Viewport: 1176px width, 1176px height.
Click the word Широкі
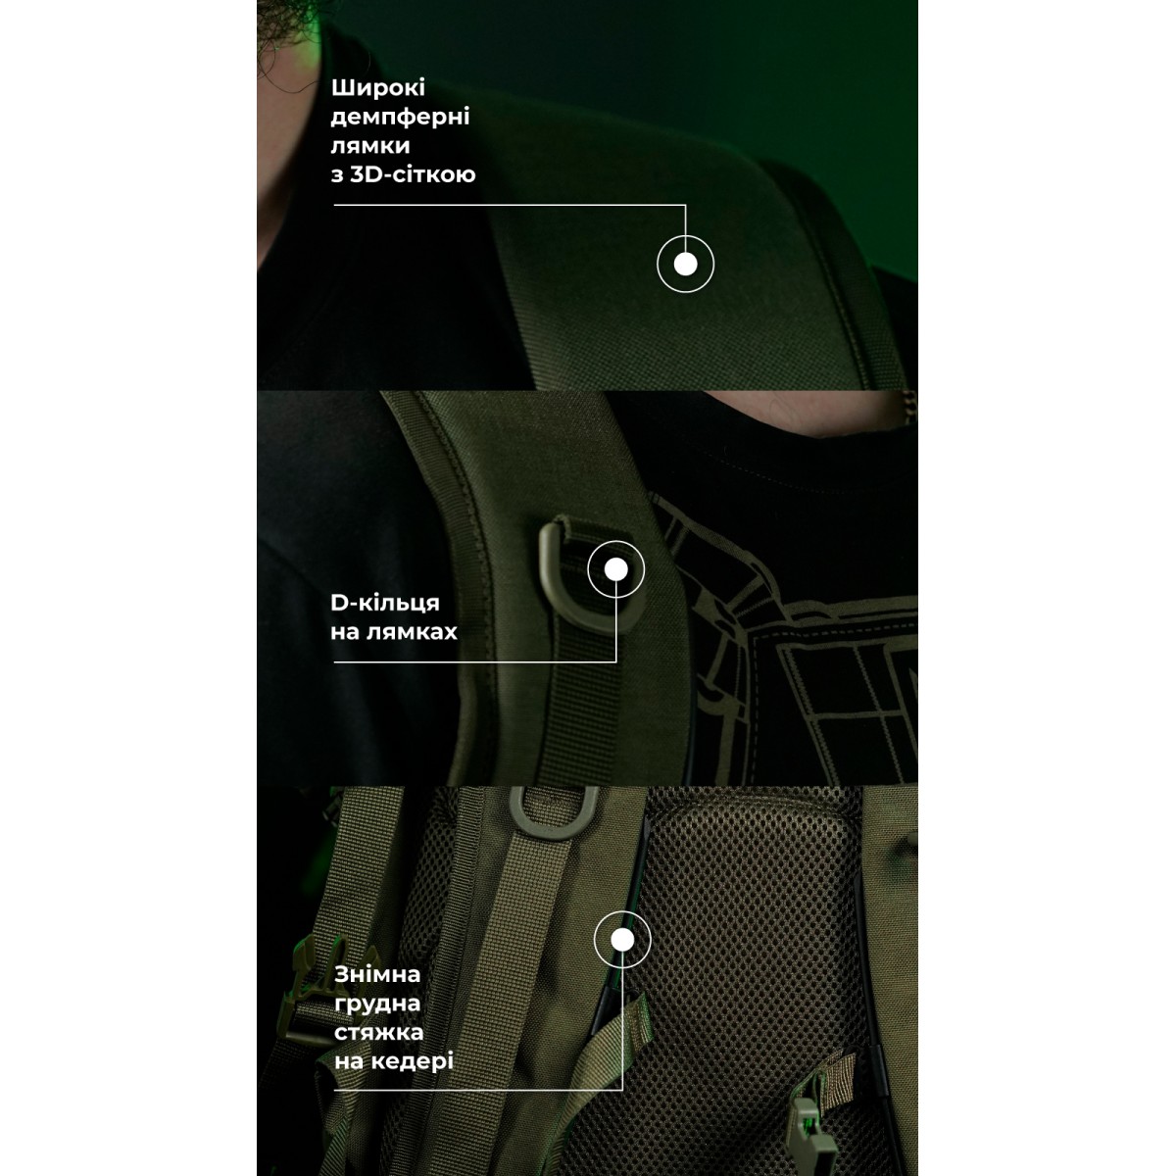[x=377, y=88]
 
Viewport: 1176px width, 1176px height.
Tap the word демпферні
[x=401, y=118]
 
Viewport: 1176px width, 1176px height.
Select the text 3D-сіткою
[x=413, y=174]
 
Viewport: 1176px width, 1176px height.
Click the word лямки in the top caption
[x=370, y=146]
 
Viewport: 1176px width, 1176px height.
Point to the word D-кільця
[x=385, y=604]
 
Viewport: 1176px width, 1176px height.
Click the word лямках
[x=412, y=632]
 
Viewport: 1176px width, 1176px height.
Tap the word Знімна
[x=377, y=974]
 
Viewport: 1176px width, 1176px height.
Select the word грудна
[x=377, y=1004]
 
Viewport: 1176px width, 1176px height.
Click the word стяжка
[x=379, y=1033]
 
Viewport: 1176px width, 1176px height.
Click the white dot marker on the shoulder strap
[x=685, y=265]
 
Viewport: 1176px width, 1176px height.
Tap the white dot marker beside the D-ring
[x=615, y=569]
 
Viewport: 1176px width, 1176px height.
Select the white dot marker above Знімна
[x=622, y=940]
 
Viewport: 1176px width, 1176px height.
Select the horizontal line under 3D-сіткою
[x=510, y=205]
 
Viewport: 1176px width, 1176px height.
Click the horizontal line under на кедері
[x=478, y=1090]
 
